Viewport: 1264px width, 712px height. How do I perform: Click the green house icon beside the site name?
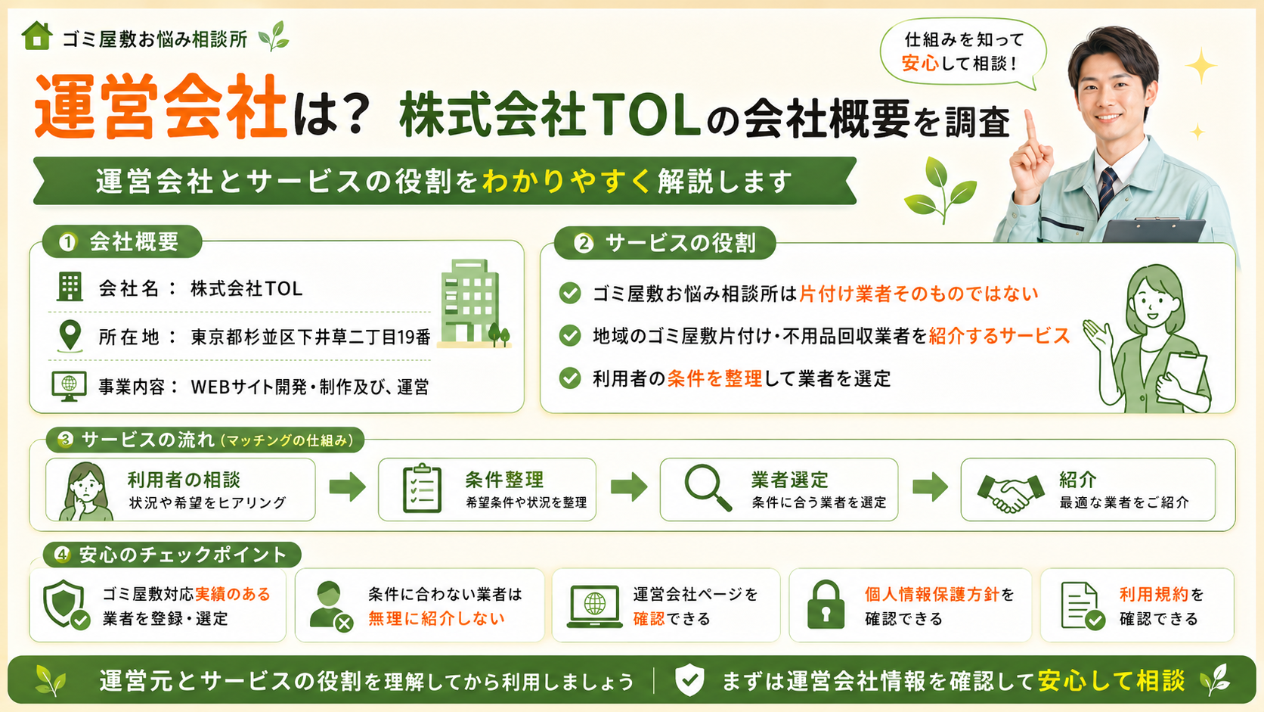tap(37, 36)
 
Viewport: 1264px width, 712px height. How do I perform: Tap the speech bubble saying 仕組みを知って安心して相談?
tap(962, 52)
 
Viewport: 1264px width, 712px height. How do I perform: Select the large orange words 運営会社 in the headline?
tap(161, 107)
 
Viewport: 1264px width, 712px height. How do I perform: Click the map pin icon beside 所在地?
tap(70, 337)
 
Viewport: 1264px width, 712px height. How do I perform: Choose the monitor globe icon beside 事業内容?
tap(69, 386)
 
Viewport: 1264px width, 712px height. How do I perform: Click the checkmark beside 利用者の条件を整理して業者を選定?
tap(570, 378)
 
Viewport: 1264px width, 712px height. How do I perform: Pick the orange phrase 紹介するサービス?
tap(999, 335)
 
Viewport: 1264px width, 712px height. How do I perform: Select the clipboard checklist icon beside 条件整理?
tap(422, 488)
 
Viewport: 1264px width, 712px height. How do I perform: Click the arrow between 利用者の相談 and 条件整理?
tap(348, 487)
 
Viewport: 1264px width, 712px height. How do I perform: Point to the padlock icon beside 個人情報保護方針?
tap(826, 605)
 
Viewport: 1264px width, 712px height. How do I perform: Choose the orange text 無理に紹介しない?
tap(436, 619)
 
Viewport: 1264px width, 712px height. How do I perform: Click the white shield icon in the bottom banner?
tap(689, 679)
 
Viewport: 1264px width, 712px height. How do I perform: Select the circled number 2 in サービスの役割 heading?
tap(584, 244)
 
